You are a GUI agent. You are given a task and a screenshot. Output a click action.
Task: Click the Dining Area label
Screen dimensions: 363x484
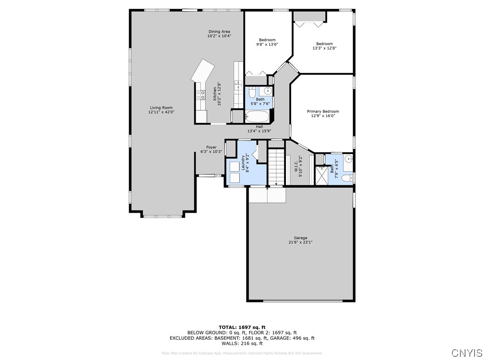(219, 32)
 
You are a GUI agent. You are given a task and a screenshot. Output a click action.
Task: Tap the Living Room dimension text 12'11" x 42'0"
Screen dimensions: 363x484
(162, 112)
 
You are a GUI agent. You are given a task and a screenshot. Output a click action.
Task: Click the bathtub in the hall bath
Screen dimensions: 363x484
(257, 116)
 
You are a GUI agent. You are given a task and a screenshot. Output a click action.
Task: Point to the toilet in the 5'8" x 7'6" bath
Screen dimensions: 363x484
(251, 92)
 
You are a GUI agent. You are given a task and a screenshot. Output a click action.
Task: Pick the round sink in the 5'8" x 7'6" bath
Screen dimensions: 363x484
(268, 91)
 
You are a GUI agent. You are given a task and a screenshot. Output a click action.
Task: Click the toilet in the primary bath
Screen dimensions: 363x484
(347, 178)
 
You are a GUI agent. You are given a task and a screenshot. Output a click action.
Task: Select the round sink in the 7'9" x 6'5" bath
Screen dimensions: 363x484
(348, 159)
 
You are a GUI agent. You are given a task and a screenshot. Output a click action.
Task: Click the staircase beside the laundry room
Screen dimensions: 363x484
(277, 166)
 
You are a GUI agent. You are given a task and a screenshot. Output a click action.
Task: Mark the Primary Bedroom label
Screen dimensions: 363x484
(323, 112)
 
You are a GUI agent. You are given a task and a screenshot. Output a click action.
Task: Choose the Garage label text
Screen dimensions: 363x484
(300, 238)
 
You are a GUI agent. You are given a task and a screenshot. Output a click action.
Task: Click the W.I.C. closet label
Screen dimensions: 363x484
(296, 167)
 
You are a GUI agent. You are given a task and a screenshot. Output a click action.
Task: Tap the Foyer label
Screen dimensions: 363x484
(211, 147)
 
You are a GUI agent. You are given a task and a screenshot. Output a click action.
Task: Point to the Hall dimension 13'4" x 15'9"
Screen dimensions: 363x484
(259, 131)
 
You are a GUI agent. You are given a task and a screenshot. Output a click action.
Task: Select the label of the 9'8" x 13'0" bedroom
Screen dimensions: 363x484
(267, 40)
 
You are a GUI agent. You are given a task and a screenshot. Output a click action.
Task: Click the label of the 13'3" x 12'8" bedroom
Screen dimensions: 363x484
(324, 44)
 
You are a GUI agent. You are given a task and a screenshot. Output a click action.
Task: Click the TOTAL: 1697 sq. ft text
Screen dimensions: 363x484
(242, 327)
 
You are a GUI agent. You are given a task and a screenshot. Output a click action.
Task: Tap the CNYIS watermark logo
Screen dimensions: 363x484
(467, 353)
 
